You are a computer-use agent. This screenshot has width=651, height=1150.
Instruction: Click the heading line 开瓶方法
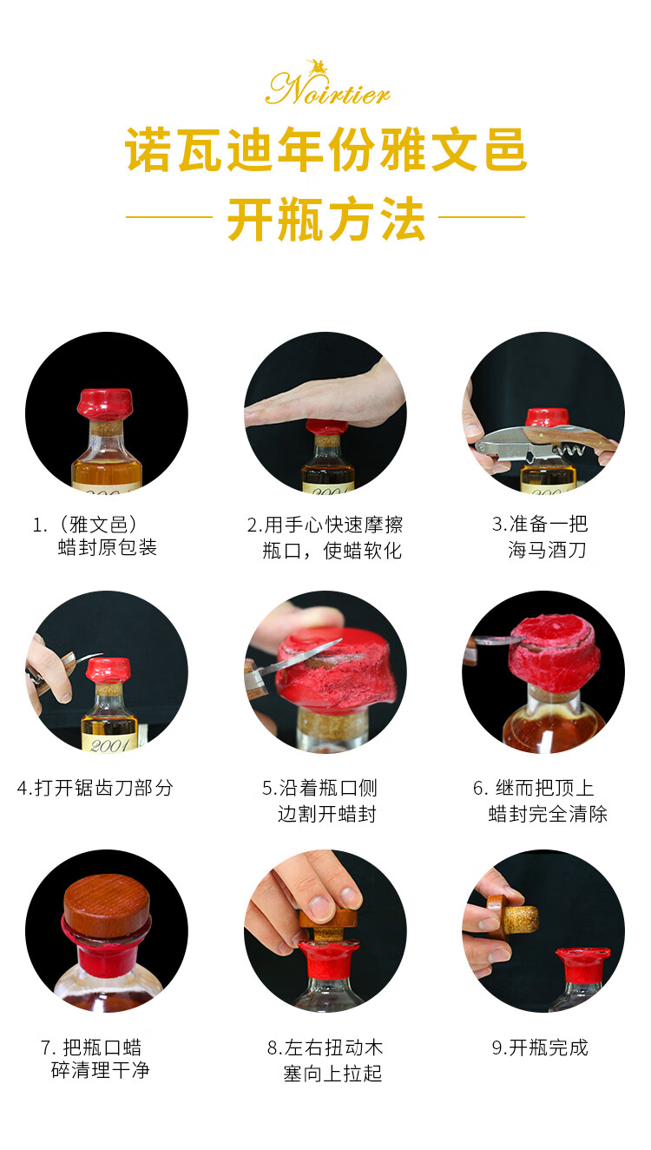326,220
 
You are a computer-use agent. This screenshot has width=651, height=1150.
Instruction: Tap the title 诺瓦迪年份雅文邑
326,149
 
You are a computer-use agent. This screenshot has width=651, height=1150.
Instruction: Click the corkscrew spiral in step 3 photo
570,451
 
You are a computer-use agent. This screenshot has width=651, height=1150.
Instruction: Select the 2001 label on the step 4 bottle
109,744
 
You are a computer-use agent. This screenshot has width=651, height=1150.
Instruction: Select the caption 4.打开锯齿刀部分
95,788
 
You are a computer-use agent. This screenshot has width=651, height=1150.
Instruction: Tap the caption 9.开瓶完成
540,1048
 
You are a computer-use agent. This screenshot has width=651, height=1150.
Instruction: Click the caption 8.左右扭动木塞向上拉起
325,1061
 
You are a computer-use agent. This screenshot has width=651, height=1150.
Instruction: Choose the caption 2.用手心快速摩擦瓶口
325,537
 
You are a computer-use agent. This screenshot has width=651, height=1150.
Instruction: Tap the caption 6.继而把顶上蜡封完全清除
540,801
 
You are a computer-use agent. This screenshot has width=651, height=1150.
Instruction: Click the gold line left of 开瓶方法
168,216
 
